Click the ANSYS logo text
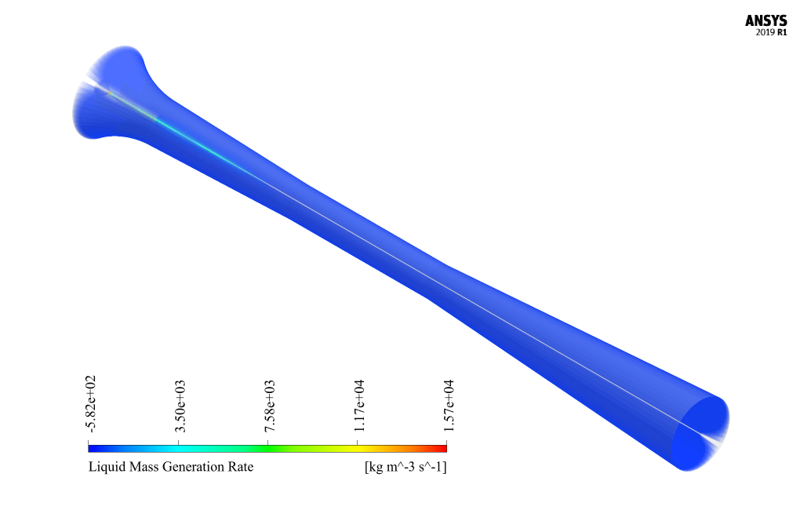pyautogui.click(x=766, y=21)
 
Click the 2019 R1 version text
pyautogui.click(x=766, y=33)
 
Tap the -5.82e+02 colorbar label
pyautogui.click(x=91, y=403)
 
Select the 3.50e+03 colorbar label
pyautogui.click(x=180, y=406)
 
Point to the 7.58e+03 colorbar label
pyautogui.click(x=269, y=406)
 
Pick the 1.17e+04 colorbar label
pyautogui.click(x=359, y=406)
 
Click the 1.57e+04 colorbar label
pyautogui.click(x=448, y=406)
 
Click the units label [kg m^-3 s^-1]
pyautogui.click(x=405, y=468)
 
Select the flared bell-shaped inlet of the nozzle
pyautogui.click(x=110, y=94)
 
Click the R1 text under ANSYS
pyautogui.click(x=782, y=33)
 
